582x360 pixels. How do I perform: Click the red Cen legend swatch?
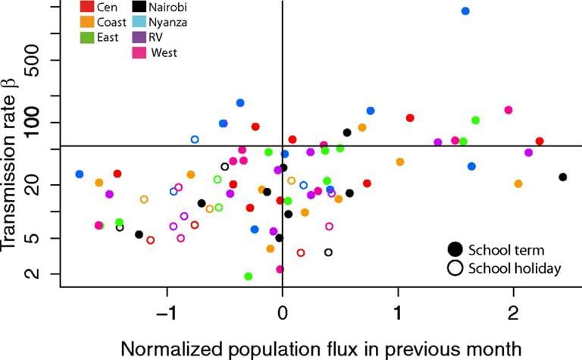(x=87, y=8)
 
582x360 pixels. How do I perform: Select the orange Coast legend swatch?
(x=87, y=22)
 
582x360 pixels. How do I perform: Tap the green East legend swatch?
(x=87, y=37)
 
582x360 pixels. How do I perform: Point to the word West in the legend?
(x=164, y=52)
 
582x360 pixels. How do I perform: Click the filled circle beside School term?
(x=455, y=249)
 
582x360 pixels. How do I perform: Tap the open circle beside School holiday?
(x=455, y=268)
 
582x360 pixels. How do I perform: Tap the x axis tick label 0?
(x=282, y=314)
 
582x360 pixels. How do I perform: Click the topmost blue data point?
(x=465, y=11)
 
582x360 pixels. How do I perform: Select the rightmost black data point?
(x=562, y=177)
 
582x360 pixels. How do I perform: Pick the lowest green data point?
(x=249, y=277)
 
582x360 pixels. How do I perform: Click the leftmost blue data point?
(x=80, y=174)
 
